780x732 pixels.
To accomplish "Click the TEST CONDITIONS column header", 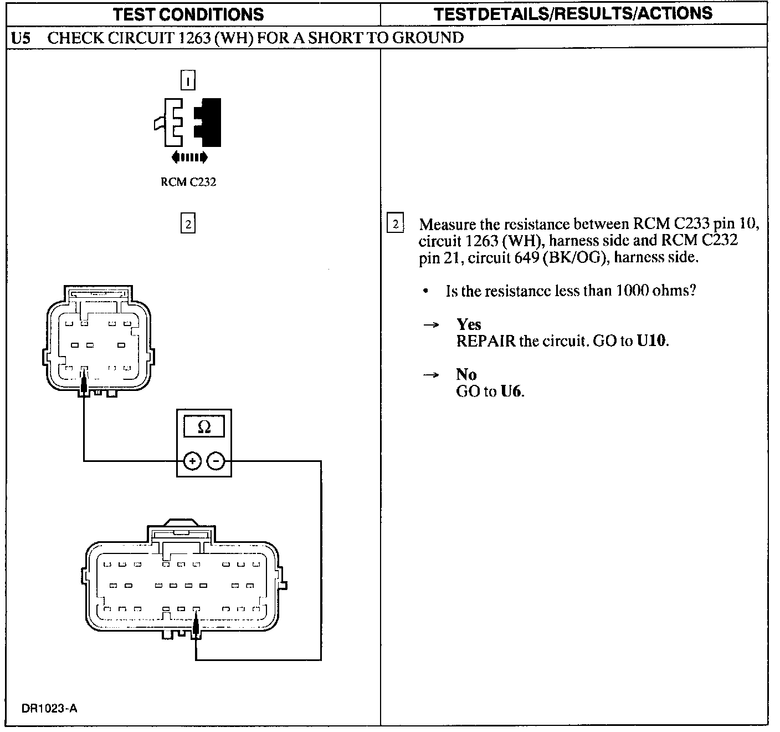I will [x=188, y=14].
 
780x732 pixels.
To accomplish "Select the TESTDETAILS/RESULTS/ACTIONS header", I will [x=573, y=14].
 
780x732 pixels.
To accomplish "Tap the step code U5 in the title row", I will [x=20, y=38].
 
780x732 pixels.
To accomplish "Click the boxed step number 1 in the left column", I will [x=188, y=81].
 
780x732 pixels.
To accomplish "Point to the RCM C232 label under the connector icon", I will [x=188, y=182].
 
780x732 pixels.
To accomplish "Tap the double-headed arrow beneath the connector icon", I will [x=189, y=157].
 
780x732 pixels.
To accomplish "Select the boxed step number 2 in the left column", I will [x=188, y=224].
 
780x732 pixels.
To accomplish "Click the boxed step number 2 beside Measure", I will [x=395, y=224].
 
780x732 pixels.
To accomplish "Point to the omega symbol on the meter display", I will [x=204, y=427].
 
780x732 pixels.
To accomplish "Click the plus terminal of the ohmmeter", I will [x=192, y=461].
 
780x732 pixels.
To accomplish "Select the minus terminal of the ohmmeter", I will [x=216, y=461].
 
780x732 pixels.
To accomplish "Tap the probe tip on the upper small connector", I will [x=84, y=382].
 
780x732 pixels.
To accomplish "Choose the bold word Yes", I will [x=469, y=324].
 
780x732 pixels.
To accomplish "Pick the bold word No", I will [x=466, y=374].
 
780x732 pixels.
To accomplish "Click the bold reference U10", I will [x=652, y=340].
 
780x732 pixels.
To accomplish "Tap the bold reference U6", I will [x=511, y=391].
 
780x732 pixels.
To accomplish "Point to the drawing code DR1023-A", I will [x=49, y=708].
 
